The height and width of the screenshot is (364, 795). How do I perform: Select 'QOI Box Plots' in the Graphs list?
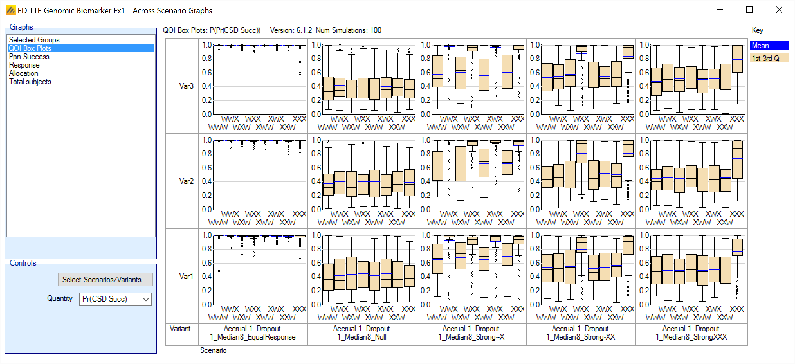(30, 48)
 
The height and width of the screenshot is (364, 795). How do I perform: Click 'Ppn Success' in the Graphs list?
(29, 57)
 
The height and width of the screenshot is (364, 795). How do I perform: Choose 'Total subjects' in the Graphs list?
(30, 82)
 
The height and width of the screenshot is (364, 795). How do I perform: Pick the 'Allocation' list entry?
(23, 73)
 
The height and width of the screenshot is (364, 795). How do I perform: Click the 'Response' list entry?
(24, 65)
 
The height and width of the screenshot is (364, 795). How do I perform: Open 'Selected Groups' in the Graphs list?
(34, 40)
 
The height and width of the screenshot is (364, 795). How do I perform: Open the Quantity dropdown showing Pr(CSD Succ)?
(115, 299)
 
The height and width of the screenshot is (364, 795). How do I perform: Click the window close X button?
(779, 10)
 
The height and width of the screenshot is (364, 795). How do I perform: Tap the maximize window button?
(749, 10)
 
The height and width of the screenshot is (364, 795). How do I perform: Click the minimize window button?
(720, 10)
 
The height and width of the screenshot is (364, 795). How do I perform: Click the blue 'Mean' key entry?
(769, 45)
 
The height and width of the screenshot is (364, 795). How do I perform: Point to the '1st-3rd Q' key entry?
(769, 58)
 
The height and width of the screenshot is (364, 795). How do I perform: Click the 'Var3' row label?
(186, 86)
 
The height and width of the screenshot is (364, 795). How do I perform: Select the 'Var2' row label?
(186, 181)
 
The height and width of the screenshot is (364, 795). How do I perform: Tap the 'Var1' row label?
(186, 277)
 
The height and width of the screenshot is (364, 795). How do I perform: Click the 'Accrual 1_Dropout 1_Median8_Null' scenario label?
(362, 333)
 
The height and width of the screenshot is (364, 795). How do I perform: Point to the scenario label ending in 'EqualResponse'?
(252, 333)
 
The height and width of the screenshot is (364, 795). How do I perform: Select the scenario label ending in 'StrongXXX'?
(691, 333)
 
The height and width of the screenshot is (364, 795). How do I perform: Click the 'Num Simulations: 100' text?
(348, 30)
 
